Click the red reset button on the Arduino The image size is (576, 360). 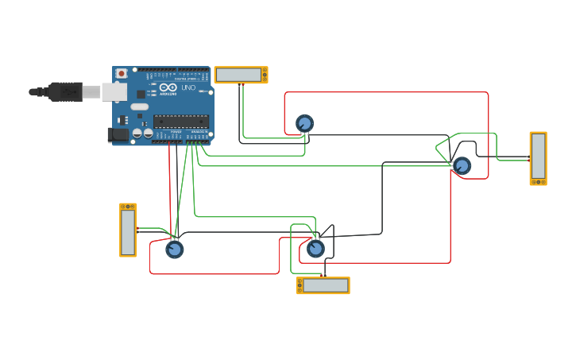pos(121,74)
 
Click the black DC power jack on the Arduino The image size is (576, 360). pos(119,135)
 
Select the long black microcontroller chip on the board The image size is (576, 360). pos(181,121)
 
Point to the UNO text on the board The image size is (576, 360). pos(188,87)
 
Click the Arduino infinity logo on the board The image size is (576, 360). pos(168,88)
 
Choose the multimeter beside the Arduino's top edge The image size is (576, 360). pos(241,75)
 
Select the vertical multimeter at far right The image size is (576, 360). pos(538,158)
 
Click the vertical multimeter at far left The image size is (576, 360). pos(128,230)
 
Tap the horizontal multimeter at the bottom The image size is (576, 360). pos(323,285)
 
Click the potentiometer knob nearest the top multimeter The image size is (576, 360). pos(304,123)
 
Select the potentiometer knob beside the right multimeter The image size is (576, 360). pos(462,165)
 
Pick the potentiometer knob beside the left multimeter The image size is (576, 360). pos(174,250)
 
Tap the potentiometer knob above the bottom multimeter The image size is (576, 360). pos(315,249)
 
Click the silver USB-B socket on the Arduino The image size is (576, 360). pos(114,92)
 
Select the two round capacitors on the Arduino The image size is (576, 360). pos(142,134)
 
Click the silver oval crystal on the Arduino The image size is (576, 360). pos(140,106)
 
